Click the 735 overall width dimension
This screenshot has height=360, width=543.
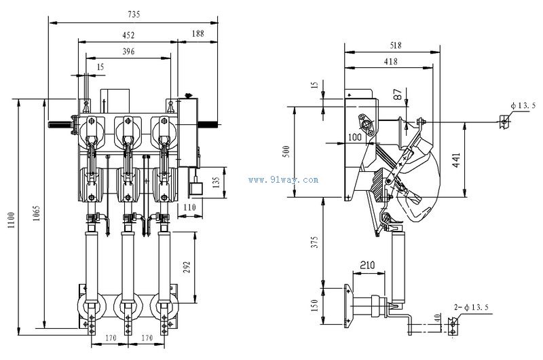[134, 14]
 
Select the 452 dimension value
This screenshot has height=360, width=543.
[128, 35]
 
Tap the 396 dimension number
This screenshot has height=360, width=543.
[128, 52]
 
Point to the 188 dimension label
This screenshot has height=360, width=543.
[198, 33]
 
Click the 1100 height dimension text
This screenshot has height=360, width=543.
[12, 220]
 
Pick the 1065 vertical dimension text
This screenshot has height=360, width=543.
[37, 213]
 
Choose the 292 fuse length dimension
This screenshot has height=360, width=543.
[187, 267]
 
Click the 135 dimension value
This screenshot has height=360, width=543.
[216, 183]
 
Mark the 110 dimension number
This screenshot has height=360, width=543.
[189, 207]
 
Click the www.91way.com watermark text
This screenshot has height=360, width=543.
[283, 179]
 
